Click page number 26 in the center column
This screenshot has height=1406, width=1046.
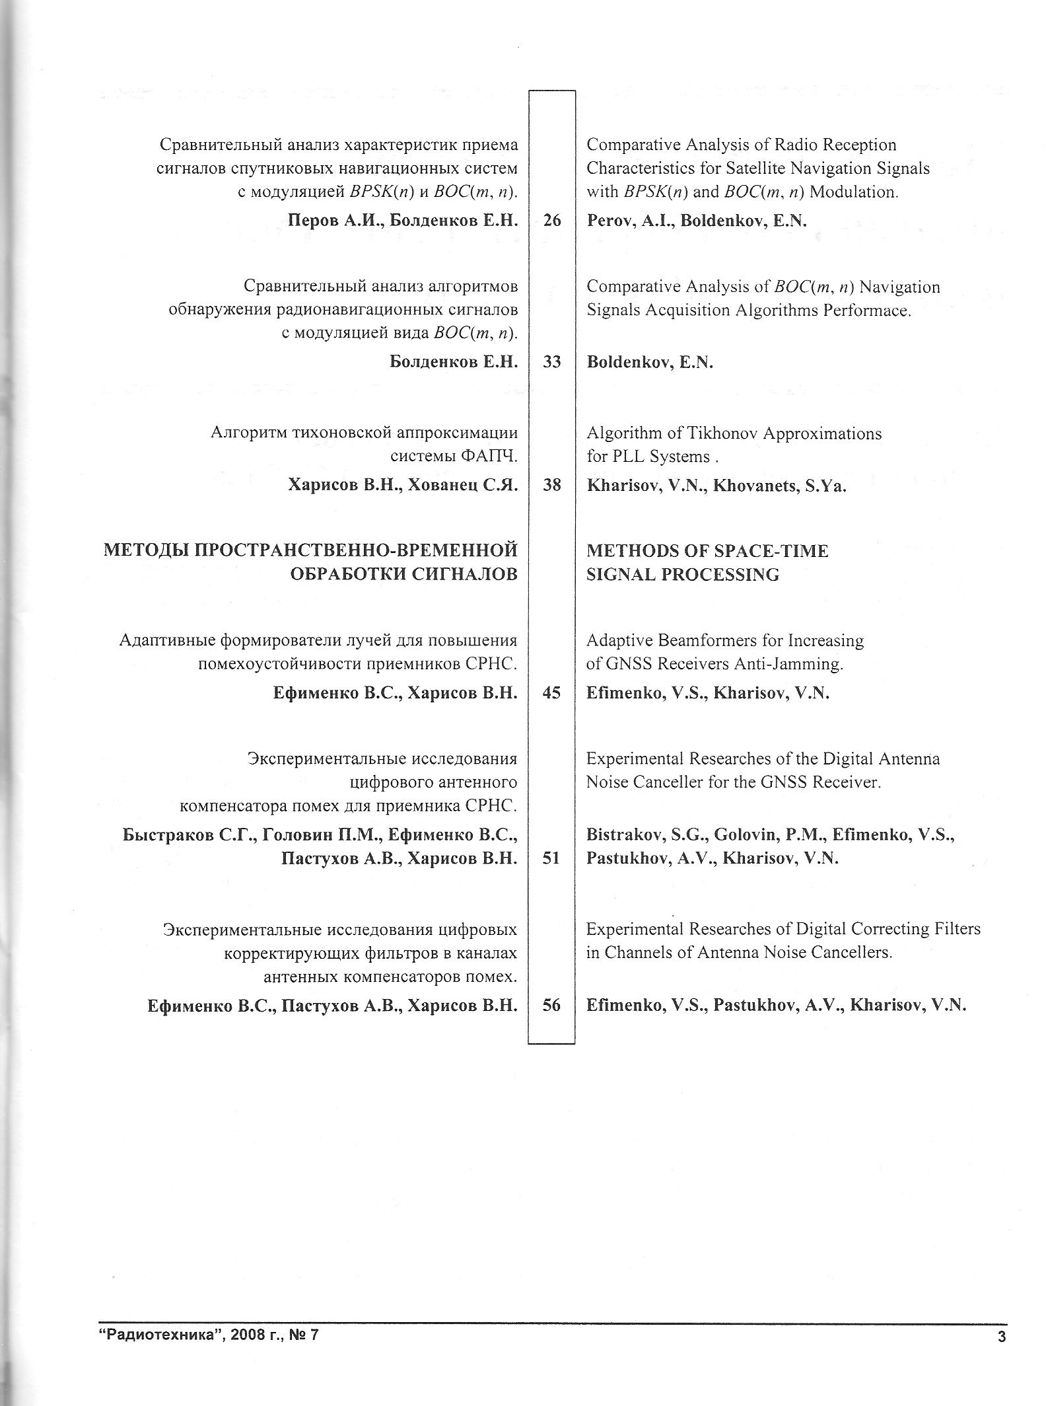tap(551, 220)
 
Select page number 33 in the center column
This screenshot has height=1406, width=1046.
tap(551, 361)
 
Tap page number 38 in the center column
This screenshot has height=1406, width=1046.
tap(551, 485)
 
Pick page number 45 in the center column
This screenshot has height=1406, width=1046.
tap(551, 692)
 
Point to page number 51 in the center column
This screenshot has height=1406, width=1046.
tap(551, 858)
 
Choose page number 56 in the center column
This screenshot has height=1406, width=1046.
tap(551, 1005)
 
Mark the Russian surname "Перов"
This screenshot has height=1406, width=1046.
tap(314, 221)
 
